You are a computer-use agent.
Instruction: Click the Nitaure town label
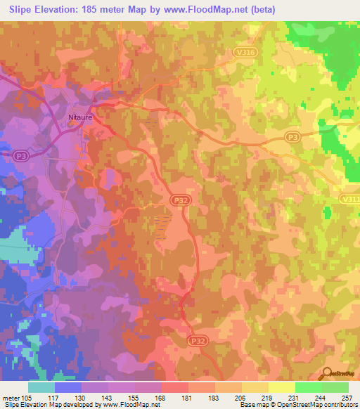point(80,118)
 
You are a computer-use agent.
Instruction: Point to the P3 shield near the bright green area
point(292,138)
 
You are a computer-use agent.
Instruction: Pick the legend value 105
point(27,398)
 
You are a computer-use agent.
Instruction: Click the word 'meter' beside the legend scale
point(11,398)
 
